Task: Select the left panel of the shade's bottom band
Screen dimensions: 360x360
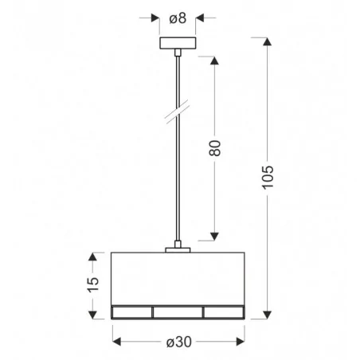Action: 131,311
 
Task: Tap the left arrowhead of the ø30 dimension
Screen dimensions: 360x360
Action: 116,341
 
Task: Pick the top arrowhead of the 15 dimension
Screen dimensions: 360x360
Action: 94,256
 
